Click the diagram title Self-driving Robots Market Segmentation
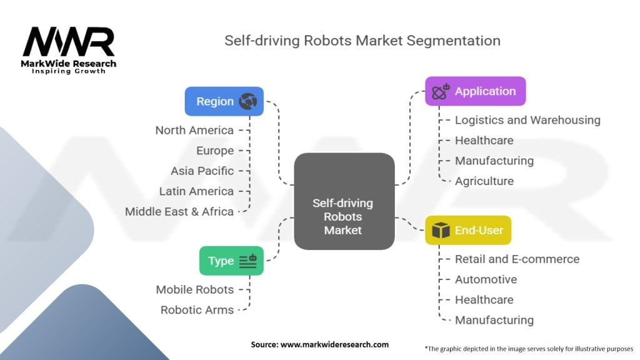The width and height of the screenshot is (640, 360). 362,41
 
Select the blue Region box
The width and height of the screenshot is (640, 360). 224,101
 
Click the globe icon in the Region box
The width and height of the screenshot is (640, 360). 248,101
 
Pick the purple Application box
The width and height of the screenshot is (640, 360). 475,91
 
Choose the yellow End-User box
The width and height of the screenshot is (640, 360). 468,230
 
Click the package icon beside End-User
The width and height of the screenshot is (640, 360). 441,231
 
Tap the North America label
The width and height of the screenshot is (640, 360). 194,130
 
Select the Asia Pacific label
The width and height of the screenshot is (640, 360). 202,171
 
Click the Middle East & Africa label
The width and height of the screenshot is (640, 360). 179,211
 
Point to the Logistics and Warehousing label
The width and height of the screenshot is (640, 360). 527,120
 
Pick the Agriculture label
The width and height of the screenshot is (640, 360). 484,181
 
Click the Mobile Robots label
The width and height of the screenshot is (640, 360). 195,289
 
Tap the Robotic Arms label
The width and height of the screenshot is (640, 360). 197,309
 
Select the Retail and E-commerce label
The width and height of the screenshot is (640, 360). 517,259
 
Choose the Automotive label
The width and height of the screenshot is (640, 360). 486,279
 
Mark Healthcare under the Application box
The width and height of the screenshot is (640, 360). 484,140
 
